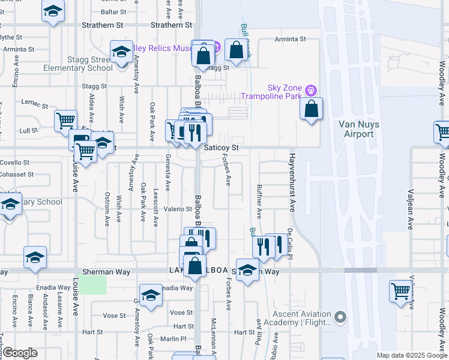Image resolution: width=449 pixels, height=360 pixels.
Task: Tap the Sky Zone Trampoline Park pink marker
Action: (x=310, y=91)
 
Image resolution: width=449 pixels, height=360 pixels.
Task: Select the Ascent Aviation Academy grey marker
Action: (x=341, y=316)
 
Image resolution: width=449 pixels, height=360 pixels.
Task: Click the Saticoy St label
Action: (x=221, y=147)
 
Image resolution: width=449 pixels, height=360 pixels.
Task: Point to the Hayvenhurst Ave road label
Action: (x=292, y=182)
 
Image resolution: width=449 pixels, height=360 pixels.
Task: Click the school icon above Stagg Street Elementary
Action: (x=121, y=52)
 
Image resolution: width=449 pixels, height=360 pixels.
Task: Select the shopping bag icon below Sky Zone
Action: (x=311, y=110)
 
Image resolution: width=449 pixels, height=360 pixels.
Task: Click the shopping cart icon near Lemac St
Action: (x=65, y=120)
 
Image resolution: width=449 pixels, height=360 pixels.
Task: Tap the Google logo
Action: (x=20, y=353)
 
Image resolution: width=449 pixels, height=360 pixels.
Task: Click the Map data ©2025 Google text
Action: (x=411, y=355)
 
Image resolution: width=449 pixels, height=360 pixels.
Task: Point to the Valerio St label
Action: (x=178, y=209)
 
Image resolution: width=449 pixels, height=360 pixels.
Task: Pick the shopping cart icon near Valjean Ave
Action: (x=400, y=292)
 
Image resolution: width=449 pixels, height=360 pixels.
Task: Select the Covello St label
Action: (x=14, y=163)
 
